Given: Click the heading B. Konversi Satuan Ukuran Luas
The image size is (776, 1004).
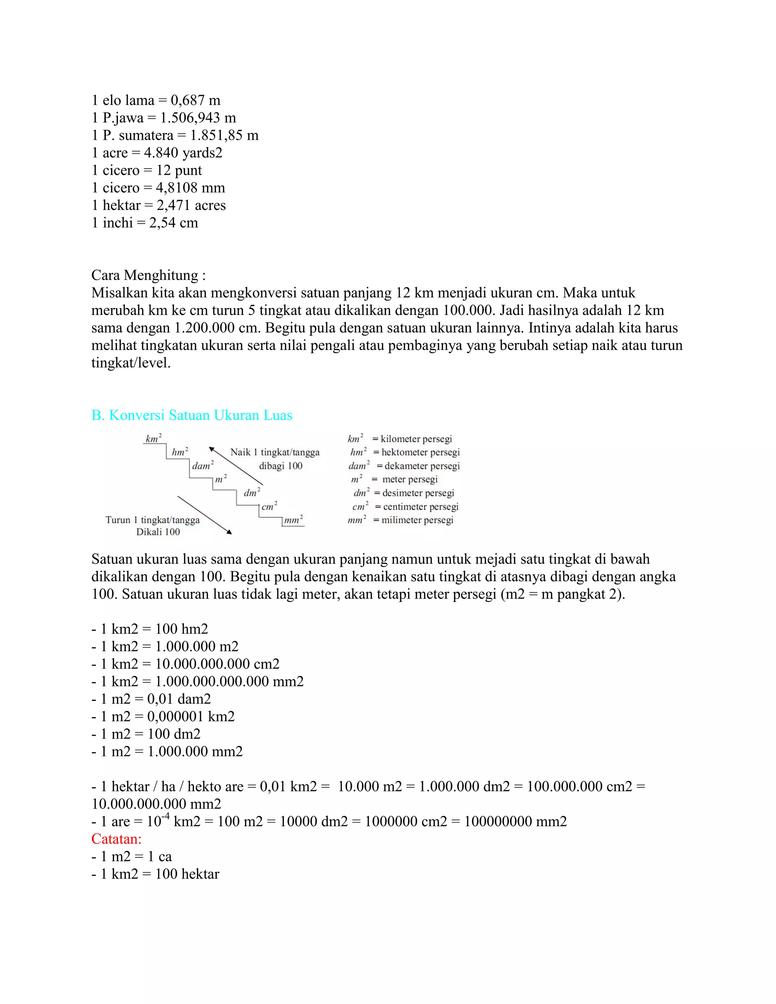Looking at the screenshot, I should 192,415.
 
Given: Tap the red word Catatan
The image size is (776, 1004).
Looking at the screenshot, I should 116,839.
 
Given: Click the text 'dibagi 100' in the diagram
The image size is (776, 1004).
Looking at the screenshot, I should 280,466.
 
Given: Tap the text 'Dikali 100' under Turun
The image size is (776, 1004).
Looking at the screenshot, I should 158,532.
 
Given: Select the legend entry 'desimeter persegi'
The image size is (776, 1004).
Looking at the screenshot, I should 418,493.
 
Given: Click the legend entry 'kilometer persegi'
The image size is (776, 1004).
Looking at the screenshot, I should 416,439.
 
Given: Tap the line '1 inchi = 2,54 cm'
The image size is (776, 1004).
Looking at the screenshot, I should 145,222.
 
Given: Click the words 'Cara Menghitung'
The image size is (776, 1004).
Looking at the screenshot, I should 145,275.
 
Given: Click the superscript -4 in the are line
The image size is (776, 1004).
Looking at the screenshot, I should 165,816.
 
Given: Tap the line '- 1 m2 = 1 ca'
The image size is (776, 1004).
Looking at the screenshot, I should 131,857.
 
